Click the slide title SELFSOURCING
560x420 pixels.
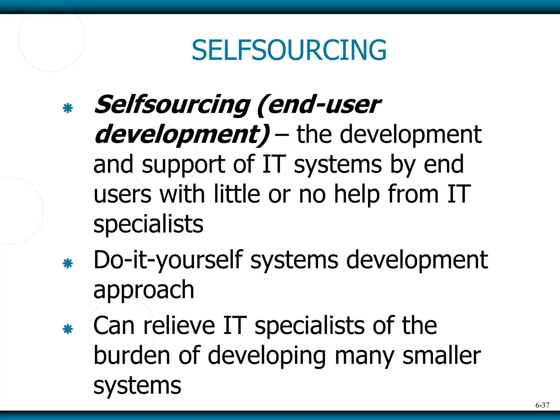(289, 50)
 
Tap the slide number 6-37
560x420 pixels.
(542, 405)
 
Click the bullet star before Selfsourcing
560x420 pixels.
(68, 108)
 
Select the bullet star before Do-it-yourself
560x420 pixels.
(68, 264)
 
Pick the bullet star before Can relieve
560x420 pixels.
(68, 329)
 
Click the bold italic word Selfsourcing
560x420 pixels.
(172, 105)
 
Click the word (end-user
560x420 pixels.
(319, 105)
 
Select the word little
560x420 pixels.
(237, 194)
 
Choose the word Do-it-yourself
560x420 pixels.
(168, 260)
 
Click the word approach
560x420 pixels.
(144, 291)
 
